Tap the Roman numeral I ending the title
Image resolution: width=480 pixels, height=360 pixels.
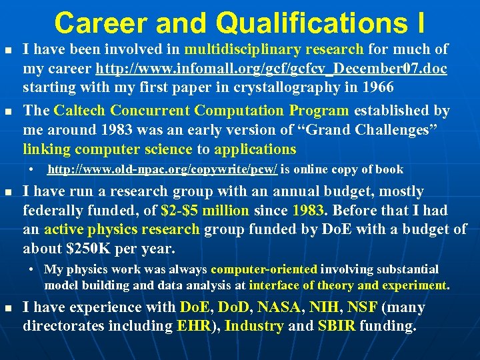click(417, 23)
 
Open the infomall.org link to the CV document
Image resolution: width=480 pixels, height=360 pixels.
click(271, 69)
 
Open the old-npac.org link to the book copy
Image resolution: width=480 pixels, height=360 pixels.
click(163, 169)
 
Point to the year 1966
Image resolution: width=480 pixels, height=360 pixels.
click(377, 87)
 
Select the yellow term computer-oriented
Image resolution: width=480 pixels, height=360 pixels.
click(264, 269)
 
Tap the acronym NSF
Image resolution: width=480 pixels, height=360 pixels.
click(362, 308)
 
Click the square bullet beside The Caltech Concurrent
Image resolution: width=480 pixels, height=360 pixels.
click(8, 111)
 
